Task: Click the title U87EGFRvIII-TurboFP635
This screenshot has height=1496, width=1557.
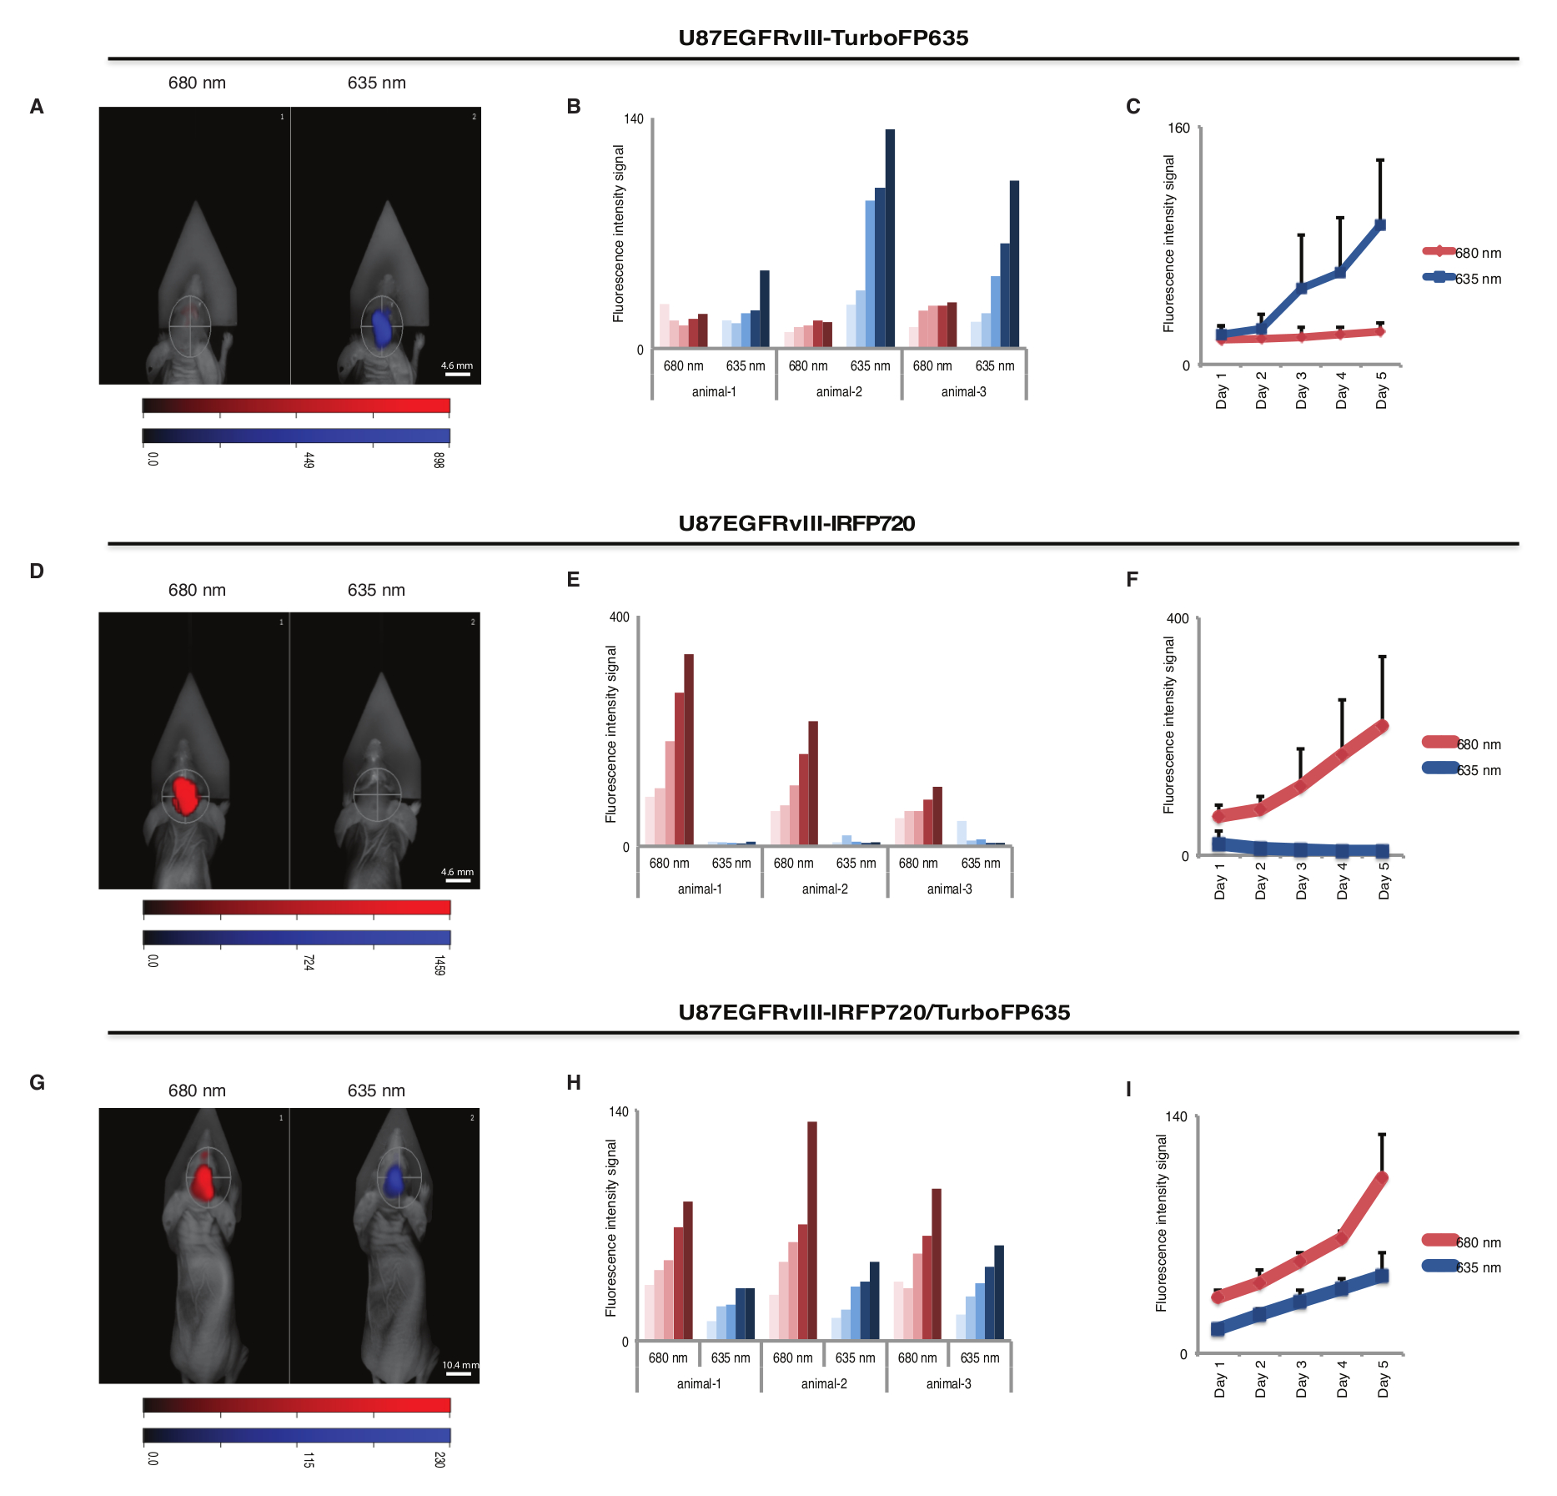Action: (823, 38)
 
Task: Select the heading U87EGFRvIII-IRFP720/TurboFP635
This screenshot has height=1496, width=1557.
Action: (873, 1012)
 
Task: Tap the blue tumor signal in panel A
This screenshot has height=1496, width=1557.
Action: (382, 327)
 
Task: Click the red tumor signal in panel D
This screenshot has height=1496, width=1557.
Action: (186, 794)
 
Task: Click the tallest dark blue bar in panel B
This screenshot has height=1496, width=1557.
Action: (890, 238)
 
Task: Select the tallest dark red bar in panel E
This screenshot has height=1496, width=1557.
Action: (689, 749)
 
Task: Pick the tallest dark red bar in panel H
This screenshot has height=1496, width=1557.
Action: (812, 1230)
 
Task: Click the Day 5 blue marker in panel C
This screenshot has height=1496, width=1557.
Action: (1380, 225)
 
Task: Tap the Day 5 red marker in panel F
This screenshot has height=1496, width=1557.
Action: (1383, 726)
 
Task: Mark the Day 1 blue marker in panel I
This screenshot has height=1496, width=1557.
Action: (1218, 1329)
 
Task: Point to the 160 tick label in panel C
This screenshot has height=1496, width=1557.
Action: (1178, 128)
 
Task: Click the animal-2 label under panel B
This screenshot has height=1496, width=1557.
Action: (839, 392)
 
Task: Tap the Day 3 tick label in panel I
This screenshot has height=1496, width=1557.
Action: (1301, 1378)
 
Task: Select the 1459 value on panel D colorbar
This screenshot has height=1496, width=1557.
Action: (439, 965)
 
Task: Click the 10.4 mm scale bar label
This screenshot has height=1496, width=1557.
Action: (460, 1365)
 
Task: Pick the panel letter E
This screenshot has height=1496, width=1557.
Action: (573, 580)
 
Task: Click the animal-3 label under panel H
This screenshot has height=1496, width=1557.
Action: (948, 1383)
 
